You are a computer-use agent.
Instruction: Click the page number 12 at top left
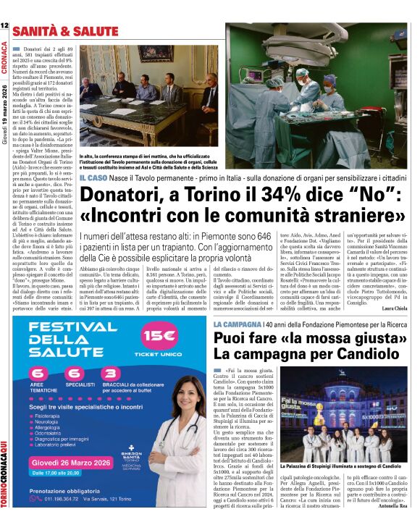(4, 25)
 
